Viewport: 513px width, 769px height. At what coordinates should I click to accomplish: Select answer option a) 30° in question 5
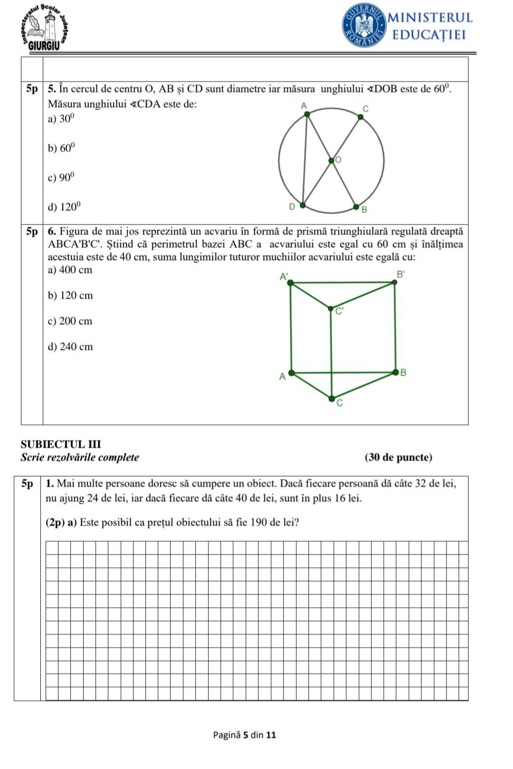point(61,119)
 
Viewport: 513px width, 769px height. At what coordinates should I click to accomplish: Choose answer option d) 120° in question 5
point(64,207)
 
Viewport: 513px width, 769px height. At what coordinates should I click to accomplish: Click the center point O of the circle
point(332,161)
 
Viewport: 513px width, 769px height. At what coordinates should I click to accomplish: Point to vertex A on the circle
point(307,113)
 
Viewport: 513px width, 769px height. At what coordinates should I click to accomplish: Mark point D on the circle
point(302,205)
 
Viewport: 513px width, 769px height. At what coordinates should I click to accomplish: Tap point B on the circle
point(356,206)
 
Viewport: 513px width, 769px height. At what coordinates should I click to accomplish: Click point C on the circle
point(360,117)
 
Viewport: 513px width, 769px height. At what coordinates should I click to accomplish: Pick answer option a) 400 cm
point(70,270)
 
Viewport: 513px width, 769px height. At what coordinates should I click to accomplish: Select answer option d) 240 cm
point(70,347)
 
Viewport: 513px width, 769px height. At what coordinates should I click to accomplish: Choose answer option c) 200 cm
point(70,321)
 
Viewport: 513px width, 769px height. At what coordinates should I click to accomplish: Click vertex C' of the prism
point(332,309)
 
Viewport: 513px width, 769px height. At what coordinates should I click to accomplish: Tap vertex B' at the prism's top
point(394,282)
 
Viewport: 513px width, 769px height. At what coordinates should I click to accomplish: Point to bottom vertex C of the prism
point(332,397)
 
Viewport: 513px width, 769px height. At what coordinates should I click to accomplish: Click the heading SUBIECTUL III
point(61,444)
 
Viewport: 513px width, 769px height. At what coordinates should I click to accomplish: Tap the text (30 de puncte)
point(398,458)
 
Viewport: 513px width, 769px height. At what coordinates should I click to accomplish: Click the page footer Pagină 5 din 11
point(244,735)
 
